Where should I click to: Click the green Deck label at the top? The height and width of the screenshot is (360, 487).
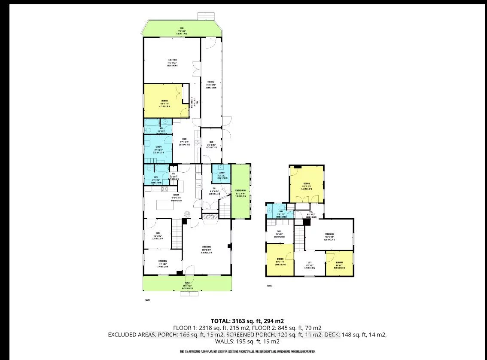[x=183, y=29]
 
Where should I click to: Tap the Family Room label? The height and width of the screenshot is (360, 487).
[x=172, y=62]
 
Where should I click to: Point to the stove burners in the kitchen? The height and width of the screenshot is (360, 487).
[x=164, y=189]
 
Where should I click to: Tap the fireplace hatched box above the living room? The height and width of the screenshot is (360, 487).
[x=210, y=218]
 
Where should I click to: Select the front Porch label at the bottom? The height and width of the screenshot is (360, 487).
[x=188, y=285]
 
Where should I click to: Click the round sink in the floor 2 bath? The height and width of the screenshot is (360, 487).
[x=270, y=211]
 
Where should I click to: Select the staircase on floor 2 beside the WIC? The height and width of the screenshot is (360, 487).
[x=299, y=238]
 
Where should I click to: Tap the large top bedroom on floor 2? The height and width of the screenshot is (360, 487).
[x=306, y=185]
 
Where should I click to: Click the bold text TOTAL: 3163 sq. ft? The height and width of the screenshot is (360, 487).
[x=247, y=321]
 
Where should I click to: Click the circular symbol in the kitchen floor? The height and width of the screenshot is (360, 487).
[x=188, y=214]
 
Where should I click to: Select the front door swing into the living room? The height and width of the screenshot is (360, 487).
[x=188, y=270]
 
